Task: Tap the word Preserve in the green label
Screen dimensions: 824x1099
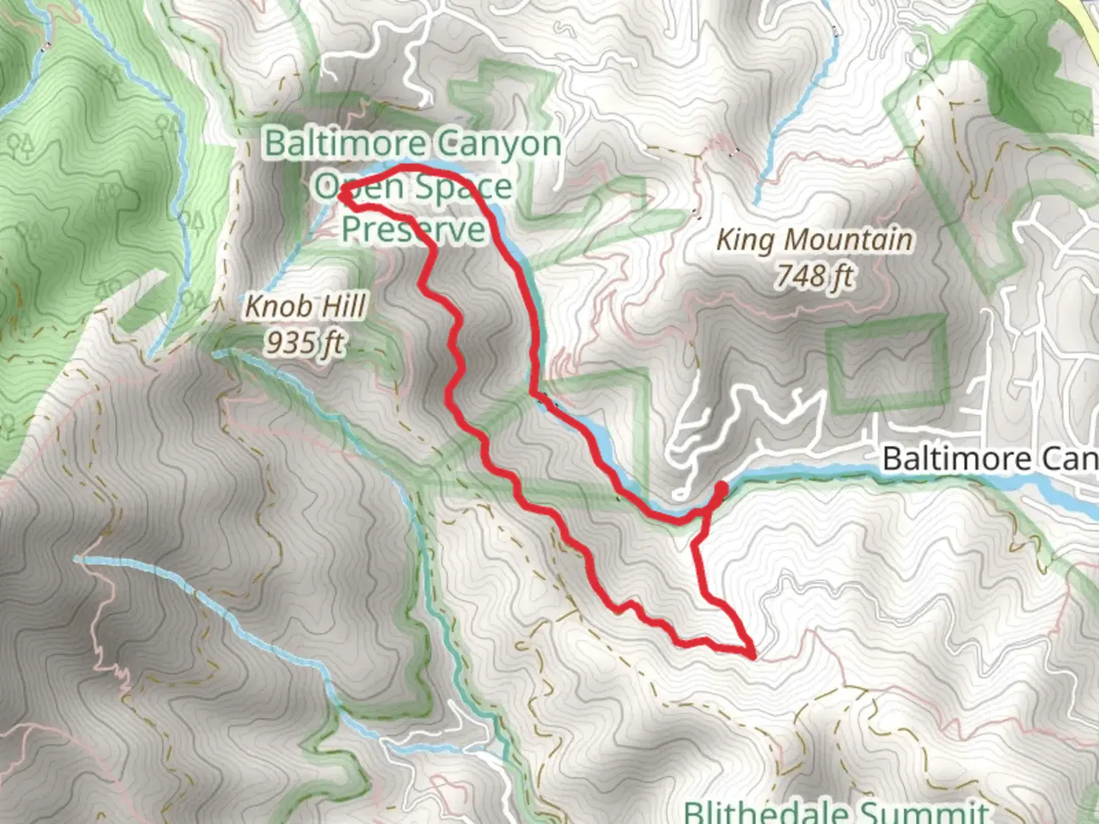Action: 413,228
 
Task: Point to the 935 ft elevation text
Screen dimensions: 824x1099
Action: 305,343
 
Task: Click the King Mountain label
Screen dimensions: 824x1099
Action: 814,240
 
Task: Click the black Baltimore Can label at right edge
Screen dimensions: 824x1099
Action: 990,459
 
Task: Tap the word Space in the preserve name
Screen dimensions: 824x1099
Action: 464,186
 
